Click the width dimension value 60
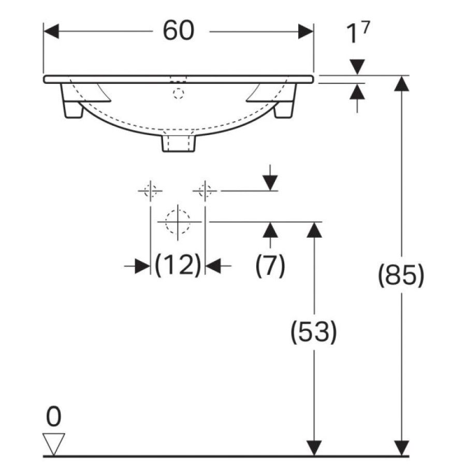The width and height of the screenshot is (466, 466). click(179, 31)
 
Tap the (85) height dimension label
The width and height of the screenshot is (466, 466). click(401, 275)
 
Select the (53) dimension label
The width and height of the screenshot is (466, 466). click(314, 332)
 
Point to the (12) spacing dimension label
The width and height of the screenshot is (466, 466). click(178, 265)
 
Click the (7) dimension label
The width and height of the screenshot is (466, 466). click(270, 265)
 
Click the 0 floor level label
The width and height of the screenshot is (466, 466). click(54, 417)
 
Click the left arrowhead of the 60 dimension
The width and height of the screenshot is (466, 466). click(51, 32)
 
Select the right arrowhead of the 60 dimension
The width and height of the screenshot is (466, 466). click(306, 32)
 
